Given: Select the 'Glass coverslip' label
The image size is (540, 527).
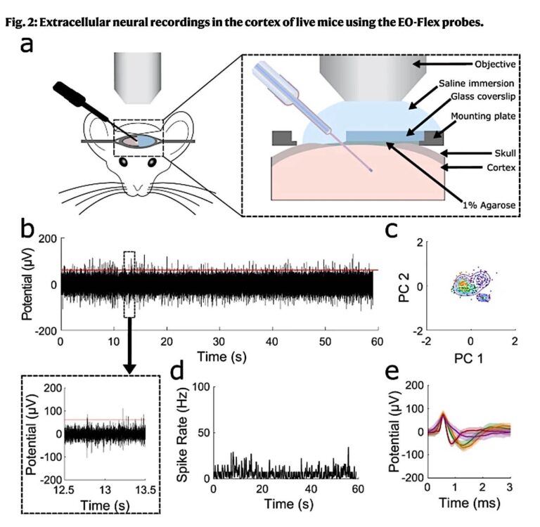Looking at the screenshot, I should [480, 98].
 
